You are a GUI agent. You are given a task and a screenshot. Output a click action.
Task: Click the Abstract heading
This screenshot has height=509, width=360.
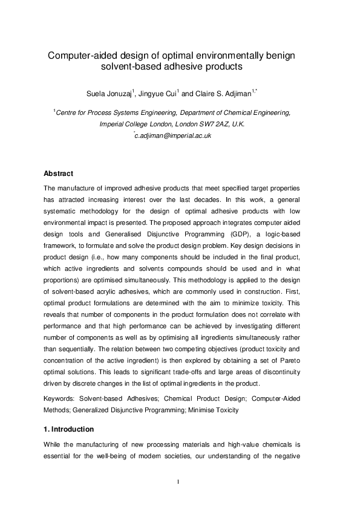59,173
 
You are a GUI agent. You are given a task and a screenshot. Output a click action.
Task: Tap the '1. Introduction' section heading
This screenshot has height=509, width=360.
70,429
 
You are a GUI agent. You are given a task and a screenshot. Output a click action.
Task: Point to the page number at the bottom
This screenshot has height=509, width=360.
180,481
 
